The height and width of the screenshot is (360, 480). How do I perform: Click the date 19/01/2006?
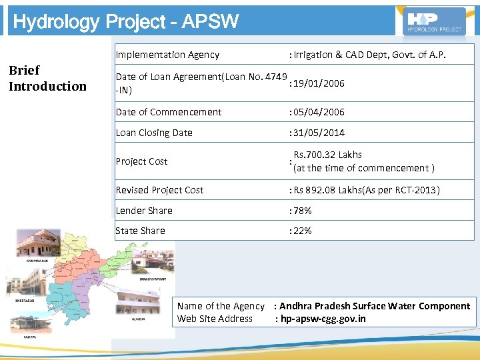pyautogui.click(x=317, y=83)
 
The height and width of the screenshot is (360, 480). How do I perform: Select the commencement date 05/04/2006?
pyautogui.click(x=317, y=112)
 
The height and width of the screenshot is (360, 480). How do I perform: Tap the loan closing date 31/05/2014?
pyautogui.click(x=317, y=133)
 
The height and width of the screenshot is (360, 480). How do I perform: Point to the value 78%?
pyautogui.click(x=301, y=211)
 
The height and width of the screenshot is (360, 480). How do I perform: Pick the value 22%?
pyautogui.click(x=301, y=231)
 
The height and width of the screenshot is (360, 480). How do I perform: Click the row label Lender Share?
pyautogui.click(x=144, y=211)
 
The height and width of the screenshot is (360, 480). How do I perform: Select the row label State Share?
pyautogui.click(x=140, y=231)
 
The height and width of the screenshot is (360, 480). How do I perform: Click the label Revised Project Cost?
pyautogui.click(x=159, y=190)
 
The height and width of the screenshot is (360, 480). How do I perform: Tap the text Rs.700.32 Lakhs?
pyautogui.click(x=327, y=155)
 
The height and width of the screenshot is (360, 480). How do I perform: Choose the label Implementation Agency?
pyautogui.click(x=167, y=55)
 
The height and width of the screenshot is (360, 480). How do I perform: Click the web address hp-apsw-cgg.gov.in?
pyautogui.click(x=323, y=319)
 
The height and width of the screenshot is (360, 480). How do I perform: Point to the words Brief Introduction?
pyautogui.click(x=47, y=78)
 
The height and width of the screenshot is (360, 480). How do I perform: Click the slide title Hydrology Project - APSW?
pyautogui.click(x=125, y=22)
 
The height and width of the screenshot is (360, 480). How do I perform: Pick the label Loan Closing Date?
pyautogui.click(x=154, y=133)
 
